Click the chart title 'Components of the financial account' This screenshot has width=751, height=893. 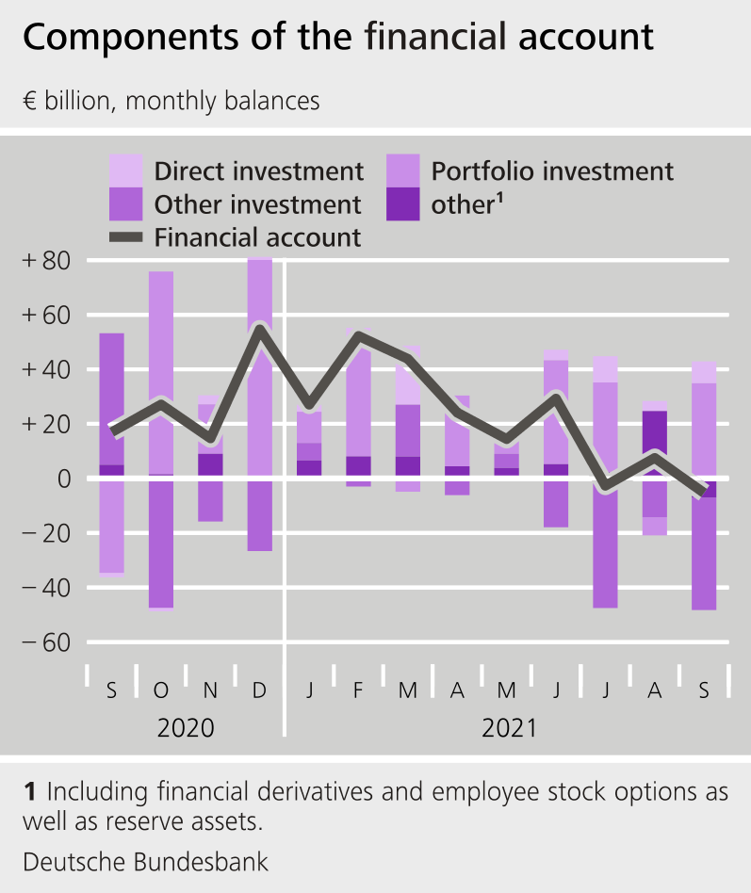click(337, 38)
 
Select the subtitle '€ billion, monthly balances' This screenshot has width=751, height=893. click(171, 101)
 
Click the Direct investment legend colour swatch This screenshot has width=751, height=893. click(126, 170)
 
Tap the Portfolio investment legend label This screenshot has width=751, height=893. click(552, 171)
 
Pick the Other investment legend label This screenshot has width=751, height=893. click(257, 204)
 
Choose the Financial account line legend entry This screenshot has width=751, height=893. click(257, 237)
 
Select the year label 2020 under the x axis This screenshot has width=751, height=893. click(186, 728)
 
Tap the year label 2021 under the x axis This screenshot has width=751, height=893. click(509, 728)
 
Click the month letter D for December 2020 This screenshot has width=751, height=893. click(260, 690)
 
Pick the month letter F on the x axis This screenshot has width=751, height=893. click(358, 690)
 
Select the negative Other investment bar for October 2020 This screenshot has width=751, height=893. click(161, 542)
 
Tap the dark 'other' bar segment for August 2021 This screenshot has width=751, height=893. click(654, 443)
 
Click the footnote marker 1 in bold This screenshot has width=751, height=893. click(30, 792)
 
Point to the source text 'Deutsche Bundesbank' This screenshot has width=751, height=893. click(145, 861)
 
